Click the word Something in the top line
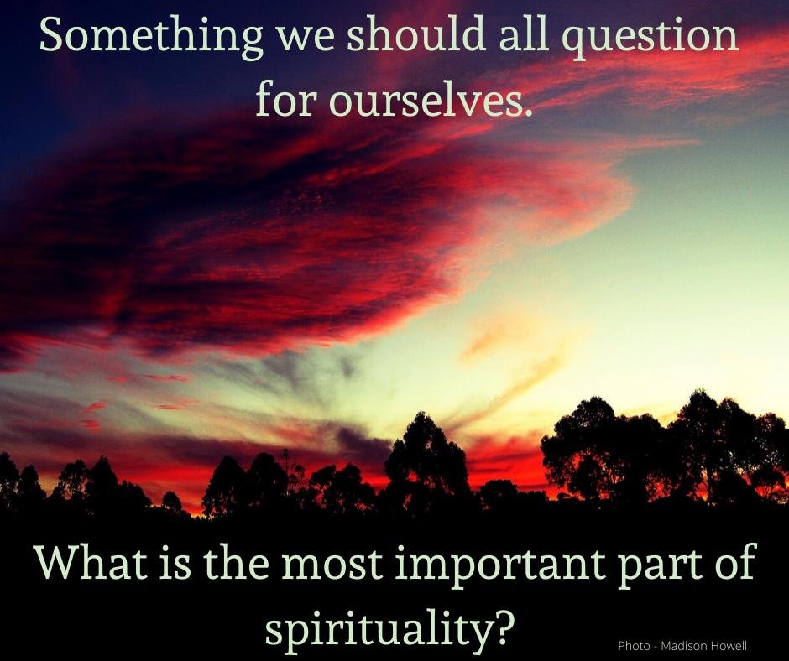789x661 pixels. [151, 37]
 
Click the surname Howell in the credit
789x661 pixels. [727, 646]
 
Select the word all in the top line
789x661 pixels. [524, 34]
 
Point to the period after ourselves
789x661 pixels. [528, 112]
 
